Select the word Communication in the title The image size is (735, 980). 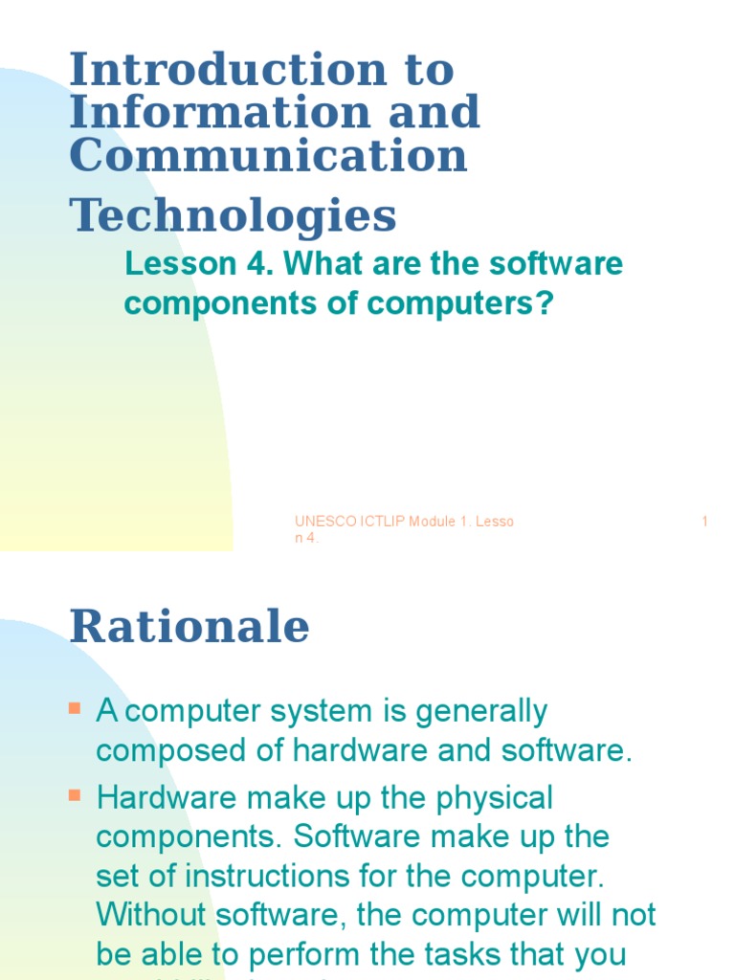click(268, 156)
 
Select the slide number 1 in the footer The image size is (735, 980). click(705, 522)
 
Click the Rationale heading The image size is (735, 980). click(189, 627)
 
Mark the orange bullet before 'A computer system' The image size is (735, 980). click(76, 709)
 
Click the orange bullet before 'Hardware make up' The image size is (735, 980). click(76, 795)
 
